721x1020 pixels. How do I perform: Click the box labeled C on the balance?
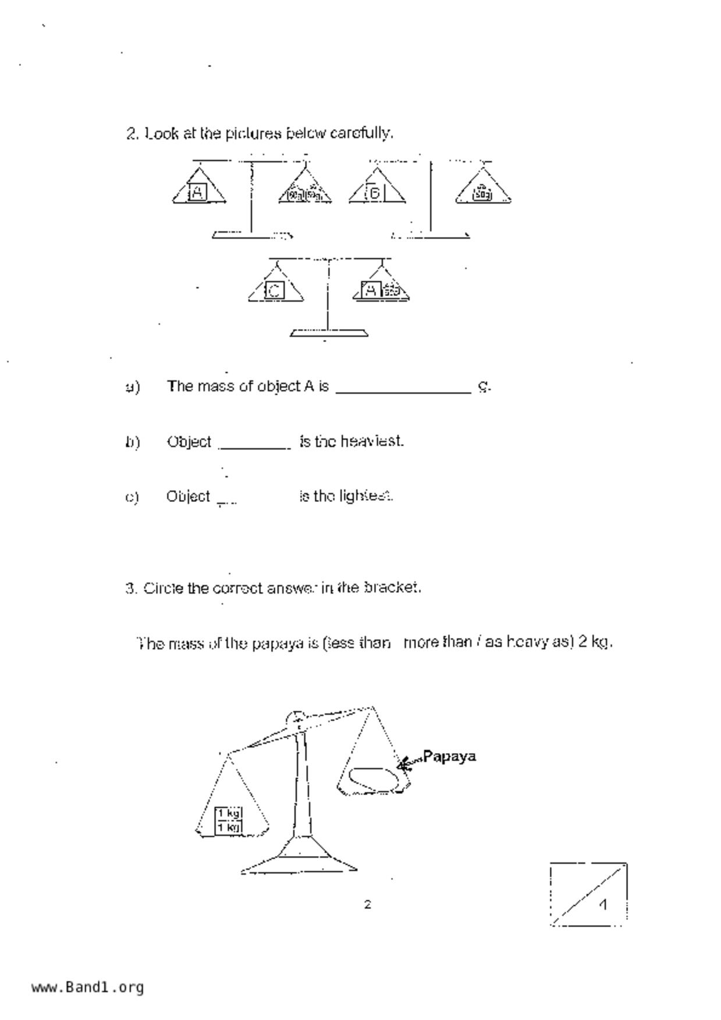(x=275, y=290)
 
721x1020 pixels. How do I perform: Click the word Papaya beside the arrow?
(x=449, y=756)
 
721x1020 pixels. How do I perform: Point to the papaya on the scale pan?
(x=374, y=778)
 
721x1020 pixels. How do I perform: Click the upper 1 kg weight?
(x=229, y=813)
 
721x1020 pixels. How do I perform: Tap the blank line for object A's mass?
(x=403, y=388)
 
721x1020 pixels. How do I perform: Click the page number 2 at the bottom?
(x=367, y=904)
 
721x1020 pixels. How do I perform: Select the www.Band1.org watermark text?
(x=88, y=987)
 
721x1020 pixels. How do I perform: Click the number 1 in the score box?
(x=603, y=905)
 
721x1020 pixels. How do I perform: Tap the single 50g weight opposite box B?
(x=482, y=194)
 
